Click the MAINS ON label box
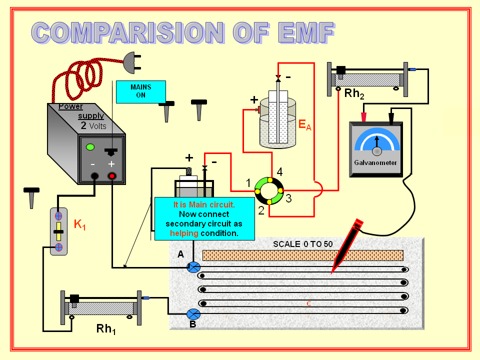pyautogui.click(x=140, y=91)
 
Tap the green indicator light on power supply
pyautogui.click(x=90, y=147)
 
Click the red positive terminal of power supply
pyautogui.click(x=112, y=176)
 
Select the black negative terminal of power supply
pyautogui.click(x=94, y=176)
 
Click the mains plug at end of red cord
pyautogui.click(x=131, y=63)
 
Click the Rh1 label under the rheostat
pyautogui.click(x=106, y=329)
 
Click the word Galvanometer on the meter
pyautogui.click(x=375, y=162)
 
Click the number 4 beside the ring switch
pyautogui.click(x=279, y=172)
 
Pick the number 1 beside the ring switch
pyautogui.click(x=248, y=183)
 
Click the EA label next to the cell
pyautogui.click(x=304, y=125)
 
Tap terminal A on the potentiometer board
pyautogui.click(x=193, y=267)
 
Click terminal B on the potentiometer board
pyautogui.click(x=193, y=314)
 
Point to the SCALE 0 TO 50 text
pyautogui.click(x=302, y=244)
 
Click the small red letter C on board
pyautogui.click(x=308, y=303)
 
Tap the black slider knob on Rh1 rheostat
pyautogui.click(x=75, y=298)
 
